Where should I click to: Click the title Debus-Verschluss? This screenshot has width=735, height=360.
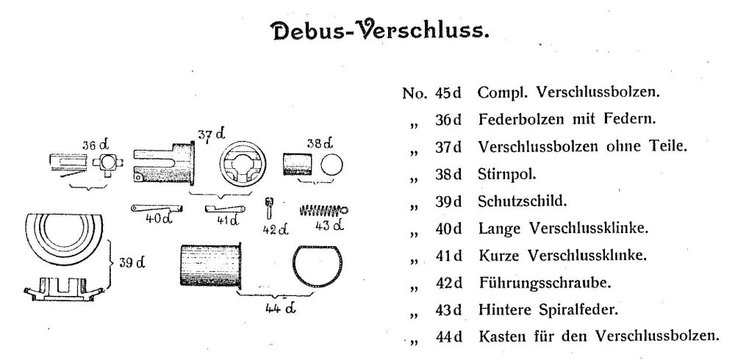coord(381,31)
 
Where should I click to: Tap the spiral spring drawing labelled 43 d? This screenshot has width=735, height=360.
coord(324,209)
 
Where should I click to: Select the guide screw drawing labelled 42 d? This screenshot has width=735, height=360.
coord(270,208)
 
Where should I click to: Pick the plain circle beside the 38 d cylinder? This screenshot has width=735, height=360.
coord(331,165)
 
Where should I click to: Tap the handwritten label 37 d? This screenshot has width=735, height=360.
coord(211,135)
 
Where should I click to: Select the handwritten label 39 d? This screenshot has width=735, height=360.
coord(132,262)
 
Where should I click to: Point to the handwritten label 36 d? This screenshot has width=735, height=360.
coord(96,145)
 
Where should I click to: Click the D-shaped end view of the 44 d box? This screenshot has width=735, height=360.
coord(318,265)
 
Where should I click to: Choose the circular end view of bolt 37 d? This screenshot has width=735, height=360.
coord(243,165)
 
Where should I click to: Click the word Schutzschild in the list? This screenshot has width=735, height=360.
coord(522,201)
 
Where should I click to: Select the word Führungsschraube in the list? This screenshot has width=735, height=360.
coord(545,283)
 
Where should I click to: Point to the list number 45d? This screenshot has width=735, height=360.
coord(448,93)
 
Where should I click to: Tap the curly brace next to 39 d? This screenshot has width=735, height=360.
coord(111,263)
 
